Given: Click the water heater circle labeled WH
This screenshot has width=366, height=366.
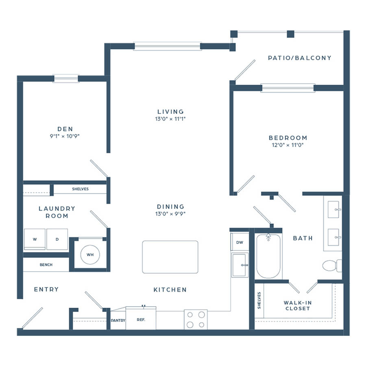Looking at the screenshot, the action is click(x=90, y=255).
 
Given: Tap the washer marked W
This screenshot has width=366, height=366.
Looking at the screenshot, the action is click(x=35, y=239).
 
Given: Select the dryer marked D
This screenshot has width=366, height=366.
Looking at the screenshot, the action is click(x=57, y=239).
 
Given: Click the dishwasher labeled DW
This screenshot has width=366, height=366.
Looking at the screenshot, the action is click(x=240, y=242).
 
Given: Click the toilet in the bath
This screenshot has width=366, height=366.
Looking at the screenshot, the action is click(x=332, y=266).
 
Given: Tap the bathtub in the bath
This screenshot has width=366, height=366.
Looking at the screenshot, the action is click(x=268, y=256).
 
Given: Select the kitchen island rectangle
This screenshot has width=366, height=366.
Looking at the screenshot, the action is click(x=170, y=257).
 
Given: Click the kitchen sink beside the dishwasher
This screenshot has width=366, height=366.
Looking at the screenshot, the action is click(x=240, y=265).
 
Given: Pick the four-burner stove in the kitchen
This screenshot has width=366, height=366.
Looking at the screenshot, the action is click(x=196, y=320).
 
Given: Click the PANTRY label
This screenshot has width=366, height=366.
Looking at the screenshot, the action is click(x=118, y=320).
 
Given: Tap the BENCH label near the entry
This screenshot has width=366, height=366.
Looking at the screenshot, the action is click(x=46, y=265).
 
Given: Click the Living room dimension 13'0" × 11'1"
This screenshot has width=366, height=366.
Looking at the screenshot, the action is click(x=170, y=119).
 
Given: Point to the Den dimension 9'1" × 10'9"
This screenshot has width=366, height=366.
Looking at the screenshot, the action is click(x=65, y=136).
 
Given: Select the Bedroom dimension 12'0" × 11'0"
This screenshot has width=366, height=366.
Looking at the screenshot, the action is click(x=288, y=145).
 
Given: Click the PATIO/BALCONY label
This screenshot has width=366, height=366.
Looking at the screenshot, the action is click(x=300, y=58).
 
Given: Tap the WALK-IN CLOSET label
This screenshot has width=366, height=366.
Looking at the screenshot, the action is click(x=298, y=305).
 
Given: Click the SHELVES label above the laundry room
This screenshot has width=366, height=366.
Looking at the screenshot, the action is click(x=80, y=189).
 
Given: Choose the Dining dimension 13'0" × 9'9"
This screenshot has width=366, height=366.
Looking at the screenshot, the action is click(x=170, y=213).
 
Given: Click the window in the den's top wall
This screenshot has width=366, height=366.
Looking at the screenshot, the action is click(x=66, y=78).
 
